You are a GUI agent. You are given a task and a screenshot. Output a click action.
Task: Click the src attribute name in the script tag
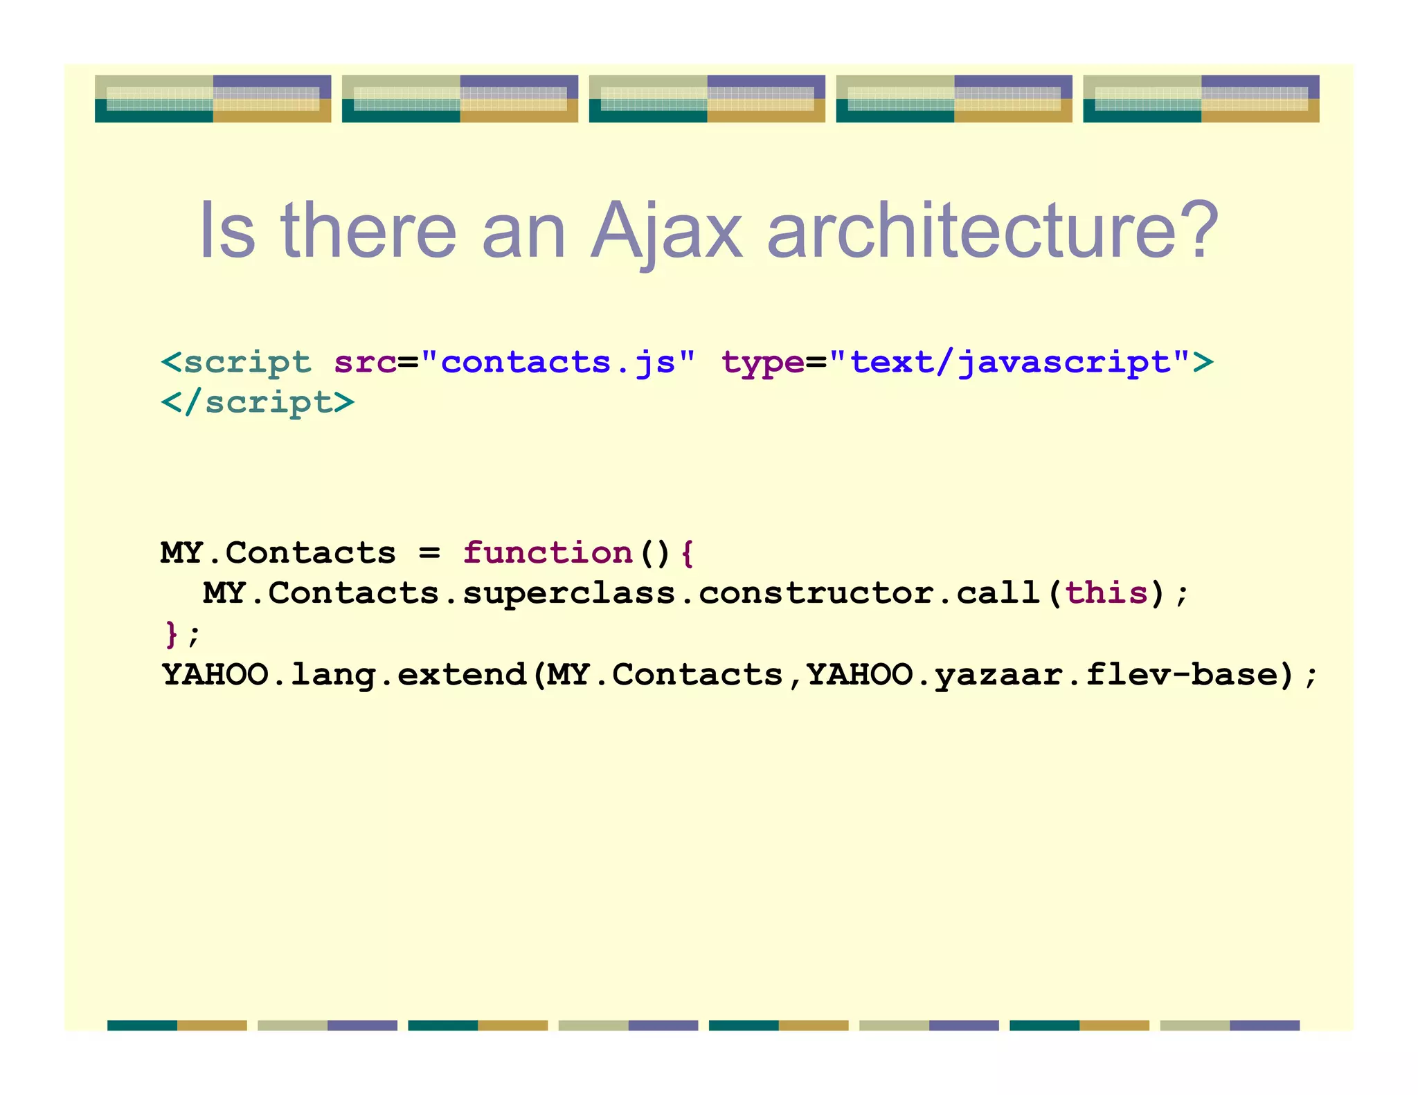tap(365, 362)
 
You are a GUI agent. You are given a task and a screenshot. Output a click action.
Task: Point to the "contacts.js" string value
tap(557, 362)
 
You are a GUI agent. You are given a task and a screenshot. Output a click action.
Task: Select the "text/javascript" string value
tap(1009, 362)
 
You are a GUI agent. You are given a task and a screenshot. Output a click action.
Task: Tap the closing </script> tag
tap(258, 402)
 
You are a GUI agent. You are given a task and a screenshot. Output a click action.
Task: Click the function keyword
tap(548, 553)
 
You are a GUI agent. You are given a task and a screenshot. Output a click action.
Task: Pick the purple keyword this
tap(1106, 593)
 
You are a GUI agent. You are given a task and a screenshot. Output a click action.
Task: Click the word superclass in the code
tap(569, 593)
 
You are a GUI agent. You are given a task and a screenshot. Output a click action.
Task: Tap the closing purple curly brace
tap(171, 634)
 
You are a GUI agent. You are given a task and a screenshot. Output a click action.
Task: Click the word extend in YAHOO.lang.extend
tap(462, 674)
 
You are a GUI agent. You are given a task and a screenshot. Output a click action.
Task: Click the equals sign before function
tap(429, 553)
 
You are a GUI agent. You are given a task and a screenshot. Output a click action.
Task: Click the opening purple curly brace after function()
tap(686, 553)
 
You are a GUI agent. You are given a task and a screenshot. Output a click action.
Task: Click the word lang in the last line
tap(333, 676)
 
